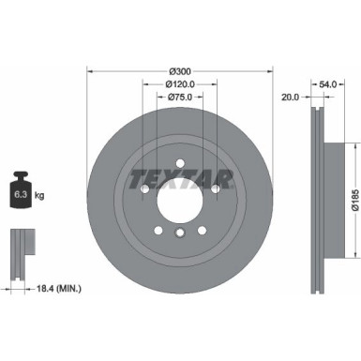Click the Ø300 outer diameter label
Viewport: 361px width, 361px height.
point(179,71)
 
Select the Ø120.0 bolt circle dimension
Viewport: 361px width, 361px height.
point(179,83)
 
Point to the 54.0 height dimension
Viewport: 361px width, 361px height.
point(326,84)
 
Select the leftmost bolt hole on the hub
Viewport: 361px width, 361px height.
point(143,188)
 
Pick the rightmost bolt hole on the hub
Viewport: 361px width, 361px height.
point(215,188)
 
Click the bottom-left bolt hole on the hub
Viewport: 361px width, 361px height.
point(158,231)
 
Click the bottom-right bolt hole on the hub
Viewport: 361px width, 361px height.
point(201,231)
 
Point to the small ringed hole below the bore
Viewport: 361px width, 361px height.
point(179,232)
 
